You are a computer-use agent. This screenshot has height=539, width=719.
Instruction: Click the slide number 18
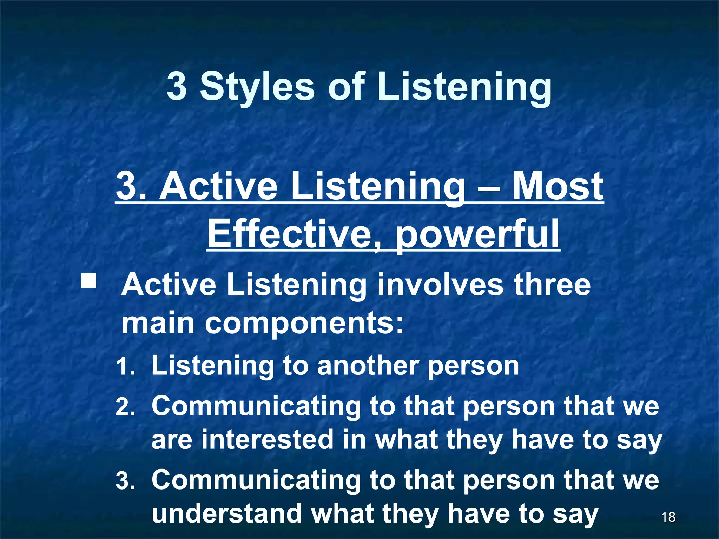coord(668,517)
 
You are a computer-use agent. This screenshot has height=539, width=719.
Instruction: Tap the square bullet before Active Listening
coord(88,281)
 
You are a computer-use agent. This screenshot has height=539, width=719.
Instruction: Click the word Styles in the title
coord(257,87)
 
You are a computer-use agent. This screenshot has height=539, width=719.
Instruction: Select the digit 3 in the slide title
coord(177,87)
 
